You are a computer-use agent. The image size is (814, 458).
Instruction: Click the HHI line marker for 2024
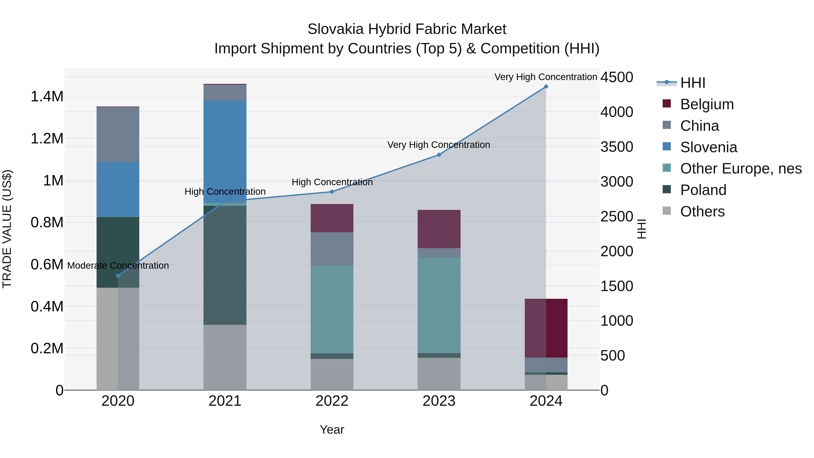tap(546, 87)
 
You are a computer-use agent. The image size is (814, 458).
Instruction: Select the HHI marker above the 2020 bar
tap(118, 276)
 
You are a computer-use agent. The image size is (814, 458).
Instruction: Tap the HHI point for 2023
tap(439, 154)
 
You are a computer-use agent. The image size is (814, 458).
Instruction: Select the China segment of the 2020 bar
tap(118, 134)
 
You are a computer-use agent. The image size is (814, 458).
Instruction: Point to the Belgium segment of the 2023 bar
tap(439, 229)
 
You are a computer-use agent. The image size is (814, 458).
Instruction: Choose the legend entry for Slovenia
tap(708, 147)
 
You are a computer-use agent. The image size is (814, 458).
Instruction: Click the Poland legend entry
tap(703, 190)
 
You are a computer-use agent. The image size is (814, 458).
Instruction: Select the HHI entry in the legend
tap(692, 83)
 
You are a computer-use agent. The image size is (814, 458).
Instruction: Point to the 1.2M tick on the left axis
tap(47, 138)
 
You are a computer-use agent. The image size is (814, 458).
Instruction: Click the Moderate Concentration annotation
tap(118, 266)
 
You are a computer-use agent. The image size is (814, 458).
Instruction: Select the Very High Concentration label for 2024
tap(546, 77)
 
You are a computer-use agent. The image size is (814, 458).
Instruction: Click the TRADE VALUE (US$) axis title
tap(7, 229)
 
